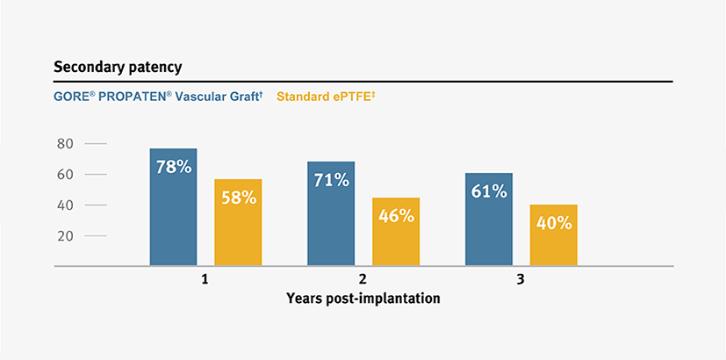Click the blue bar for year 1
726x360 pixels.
point(173,207)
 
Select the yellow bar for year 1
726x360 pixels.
point(238,222)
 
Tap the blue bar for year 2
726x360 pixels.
point(331,213)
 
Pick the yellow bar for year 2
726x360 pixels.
point(396,232)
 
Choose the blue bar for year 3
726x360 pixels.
point(489,220)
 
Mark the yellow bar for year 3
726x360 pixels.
point(554,235)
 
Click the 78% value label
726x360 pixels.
point(174,167)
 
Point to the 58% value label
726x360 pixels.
point(239,198)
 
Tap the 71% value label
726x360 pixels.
point(332,180)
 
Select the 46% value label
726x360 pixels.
point(396,216)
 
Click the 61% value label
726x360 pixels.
point(489,191)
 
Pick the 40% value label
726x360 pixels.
point(554,223)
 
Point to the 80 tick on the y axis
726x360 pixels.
point(65,144)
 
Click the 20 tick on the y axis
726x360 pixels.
point(65,236)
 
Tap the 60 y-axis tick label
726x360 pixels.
point(65,175)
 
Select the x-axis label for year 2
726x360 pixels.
point(363,280)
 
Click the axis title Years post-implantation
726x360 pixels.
point(363,298)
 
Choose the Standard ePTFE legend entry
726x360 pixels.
point(326,97)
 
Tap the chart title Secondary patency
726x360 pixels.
point(118,68)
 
